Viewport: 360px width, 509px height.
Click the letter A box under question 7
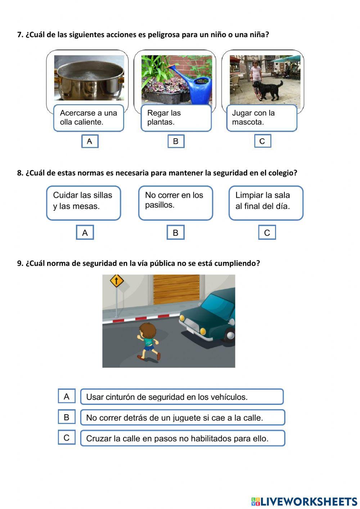tap(90, 141)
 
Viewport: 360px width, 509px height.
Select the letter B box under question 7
tap(176, 141)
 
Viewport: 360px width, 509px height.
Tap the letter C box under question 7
tap(262, 141)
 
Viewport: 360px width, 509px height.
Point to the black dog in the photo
tap(268, 89)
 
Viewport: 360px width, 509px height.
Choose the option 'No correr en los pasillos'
tap(175, 203)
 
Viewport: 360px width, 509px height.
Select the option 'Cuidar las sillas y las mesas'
tap(83, 203)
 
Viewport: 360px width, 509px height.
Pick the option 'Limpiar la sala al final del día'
tap(266, 203)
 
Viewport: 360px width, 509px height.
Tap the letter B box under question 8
tap(175, 233)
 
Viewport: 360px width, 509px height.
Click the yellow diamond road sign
tap(116, 281)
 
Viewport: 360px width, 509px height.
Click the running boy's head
tap(147, 331)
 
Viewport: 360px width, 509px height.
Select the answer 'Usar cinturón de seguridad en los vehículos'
tap(182, 397)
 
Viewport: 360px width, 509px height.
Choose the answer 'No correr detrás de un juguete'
tap(182, 418)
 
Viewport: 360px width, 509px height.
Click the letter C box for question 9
tap(67, 438)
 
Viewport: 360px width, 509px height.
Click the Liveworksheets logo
tap(304, 501)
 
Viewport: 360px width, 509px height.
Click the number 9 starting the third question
tap(19, 263)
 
